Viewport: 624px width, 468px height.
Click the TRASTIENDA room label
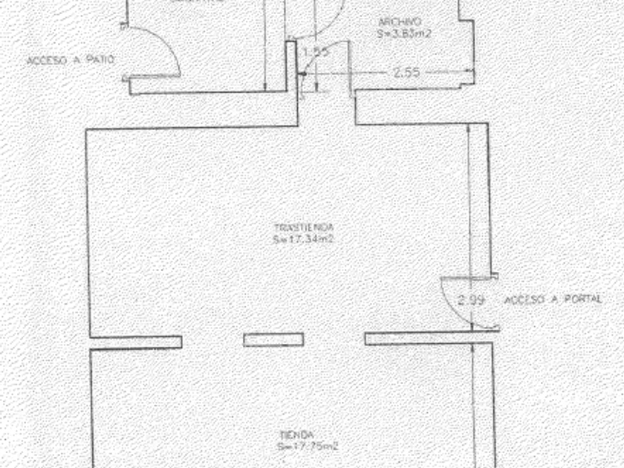[x=304, y=227]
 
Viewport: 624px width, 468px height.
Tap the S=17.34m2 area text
[x=304, y=239]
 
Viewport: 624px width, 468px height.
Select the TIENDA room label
[x=297, y=435]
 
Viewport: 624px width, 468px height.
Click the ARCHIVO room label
[x=400, y=22]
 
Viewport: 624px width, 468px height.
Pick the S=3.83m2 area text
[x=405, y=33]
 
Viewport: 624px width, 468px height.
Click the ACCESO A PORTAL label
[x=553, y=300]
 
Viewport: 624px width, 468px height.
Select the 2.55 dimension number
[x=406, y=73]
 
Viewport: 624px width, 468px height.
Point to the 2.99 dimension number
[x=472, y=300]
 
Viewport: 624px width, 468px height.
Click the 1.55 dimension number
[x=316, y=52]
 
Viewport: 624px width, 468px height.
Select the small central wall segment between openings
[x=273, y=340]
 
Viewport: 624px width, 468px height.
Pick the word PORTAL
[x=582, y=300]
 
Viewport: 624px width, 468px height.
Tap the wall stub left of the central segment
[x=136, y=342]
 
